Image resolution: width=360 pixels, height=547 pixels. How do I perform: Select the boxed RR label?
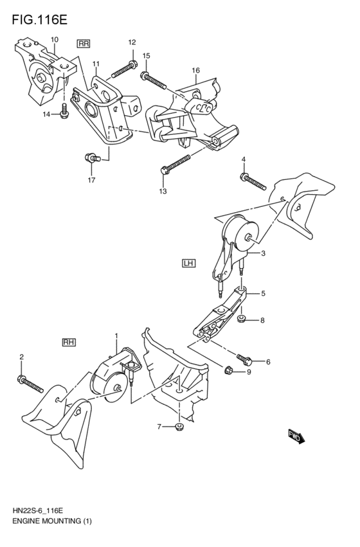click(83, 43)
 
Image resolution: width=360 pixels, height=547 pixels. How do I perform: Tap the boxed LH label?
click(188, 262)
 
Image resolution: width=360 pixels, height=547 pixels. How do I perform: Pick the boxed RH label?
click(69, 342)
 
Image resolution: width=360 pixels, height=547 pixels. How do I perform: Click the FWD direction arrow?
click(296, 438)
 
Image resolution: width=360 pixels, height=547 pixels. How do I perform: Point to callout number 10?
click(54, 39)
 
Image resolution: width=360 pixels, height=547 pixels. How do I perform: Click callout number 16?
click(195, 70)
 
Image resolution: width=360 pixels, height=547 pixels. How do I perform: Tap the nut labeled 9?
click(228, 370)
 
